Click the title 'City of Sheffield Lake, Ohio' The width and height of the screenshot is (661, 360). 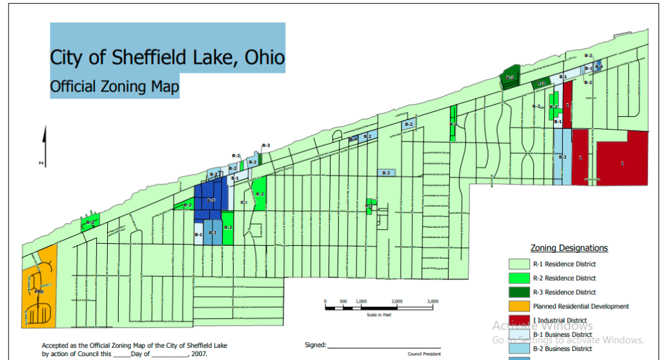pos(167,57)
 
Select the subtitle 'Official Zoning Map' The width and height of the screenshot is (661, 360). pos(114,85)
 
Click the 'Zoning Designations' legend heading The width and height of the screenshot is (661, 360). pos(569,248)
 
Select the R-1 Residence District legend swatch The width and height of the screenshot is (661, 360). pos(518,264)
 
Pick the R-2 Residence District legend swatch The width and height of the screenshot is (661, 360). pos(518,278)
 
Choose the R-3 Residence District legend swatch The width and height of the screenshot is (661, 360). pos(518,292)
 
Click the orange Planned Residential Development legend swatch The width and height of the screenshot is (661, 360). pos(518,306)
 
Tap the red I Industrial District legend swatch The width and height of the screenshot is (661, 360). pos(518,321)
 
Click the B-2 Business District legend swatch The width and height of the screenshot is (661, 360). pos(518,348)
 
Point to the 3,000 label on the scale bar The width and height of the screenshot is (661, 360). pos(432,301)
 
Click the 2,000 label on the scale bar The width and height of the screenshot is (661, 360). pos(396,301)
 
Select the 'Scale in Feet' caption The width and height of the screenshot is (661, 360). pos(379,314)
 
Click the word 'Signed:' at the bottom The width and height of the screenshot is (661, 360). pos(316,346)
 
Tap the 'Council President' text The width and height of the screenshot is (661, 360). pos(423,354)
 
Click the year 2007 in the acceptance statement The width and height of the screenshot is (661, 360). pos(200,354)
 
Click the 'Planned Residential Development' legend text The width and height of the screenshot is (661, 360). pos(581,306)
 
